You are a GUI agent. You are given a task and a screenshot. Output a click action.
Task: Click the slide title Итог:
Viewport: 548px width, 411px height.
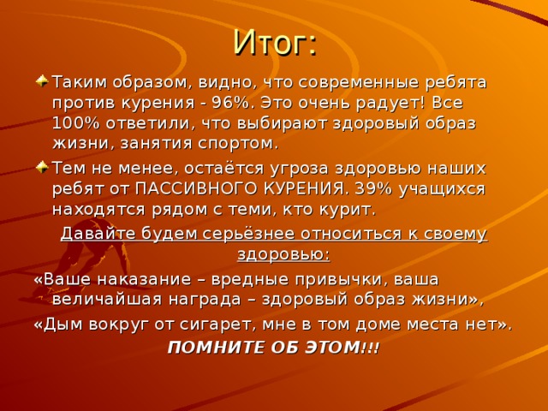pyautogui.click(x=275, y=41)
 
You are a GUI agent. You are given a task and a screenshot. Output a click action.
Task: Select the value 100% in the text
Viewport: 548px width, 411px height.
pyautogui.click(x=73, y=122)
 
